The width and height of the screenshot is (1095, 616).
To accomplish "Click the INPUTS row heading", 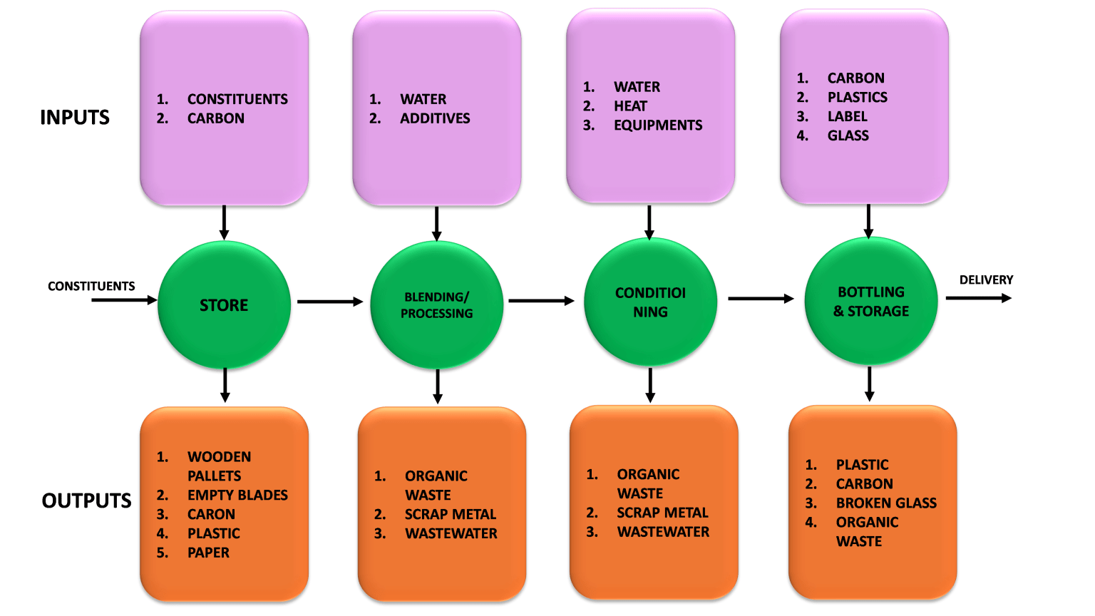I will (75, 118).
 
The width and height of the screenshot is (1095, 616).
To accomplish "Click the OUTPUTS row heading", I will (86, 500).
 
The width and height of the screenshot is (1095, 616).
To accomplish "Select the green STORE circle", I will (224, 305).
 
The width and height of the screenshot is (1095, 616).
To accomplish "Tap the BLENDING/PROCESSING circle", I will (436, 305).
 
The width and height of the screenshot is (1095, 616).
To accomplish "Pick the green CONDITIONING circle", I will (650, 302).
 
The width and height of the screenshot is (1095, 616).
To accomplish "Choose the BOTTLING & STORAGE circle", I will (870, 302).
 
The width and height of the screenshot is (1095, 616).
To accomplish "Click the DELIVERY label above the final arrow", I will (986, 280).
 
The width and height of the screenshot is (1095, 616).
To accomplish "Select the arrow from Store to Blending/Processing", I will (329, 302).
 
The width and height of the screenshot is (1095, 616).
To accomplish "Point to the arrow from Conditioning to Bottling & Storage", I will (760, 299).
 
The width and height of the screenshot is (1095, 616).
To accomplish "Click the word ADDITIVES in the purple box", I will (435, 118).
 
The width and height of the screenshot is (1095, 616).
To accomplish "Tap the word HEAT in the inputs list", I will (630, 106).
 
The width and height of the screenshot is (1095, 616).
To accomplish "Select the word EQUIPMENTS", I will (658, 125).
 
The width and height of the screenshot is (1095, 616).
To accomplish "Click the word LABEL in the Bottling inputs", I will (847, 116).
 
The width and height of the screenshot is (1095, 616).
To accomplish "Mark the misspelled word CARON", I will (211, 514).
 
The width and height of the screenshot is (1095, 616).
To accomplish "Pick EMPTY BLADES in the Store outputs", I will (237, 495).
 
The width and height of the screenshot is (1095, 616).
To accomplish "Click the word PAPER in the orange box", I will (208, 553).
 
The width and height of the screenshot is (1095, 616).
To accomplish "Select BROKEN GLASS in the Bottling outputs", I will (886, 503).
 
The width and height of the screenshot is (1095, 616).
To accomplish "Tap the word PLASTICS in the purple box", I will (857, 97).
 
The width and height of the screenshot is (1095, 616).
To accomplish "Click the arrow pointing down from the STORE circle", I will (225, 385).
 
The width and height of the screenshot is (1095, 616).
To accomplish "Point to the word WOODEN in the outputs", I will (219, 456).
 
